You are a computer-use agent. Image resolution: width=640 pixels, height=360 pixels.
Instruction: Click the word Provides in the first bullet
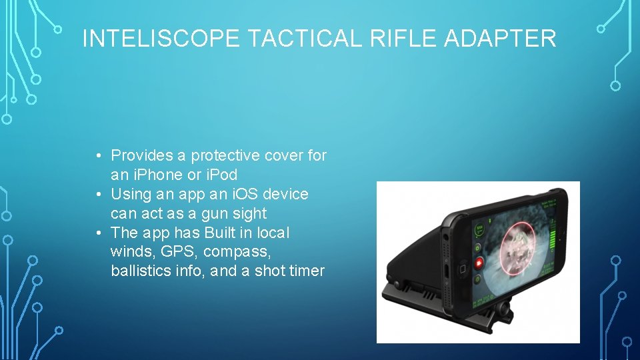click(x=142, y=155)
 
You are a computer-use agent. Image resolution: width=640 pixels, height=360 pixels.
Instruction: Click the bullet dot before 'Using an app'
click(x=98, y=195)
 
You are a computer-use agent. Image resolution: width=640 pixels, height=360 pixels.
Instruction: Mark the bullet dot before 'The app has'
click(x=98, y=233)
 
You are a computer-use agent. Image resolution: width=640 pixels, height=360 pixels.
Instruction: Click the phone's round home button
click(x=461, y=270)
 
